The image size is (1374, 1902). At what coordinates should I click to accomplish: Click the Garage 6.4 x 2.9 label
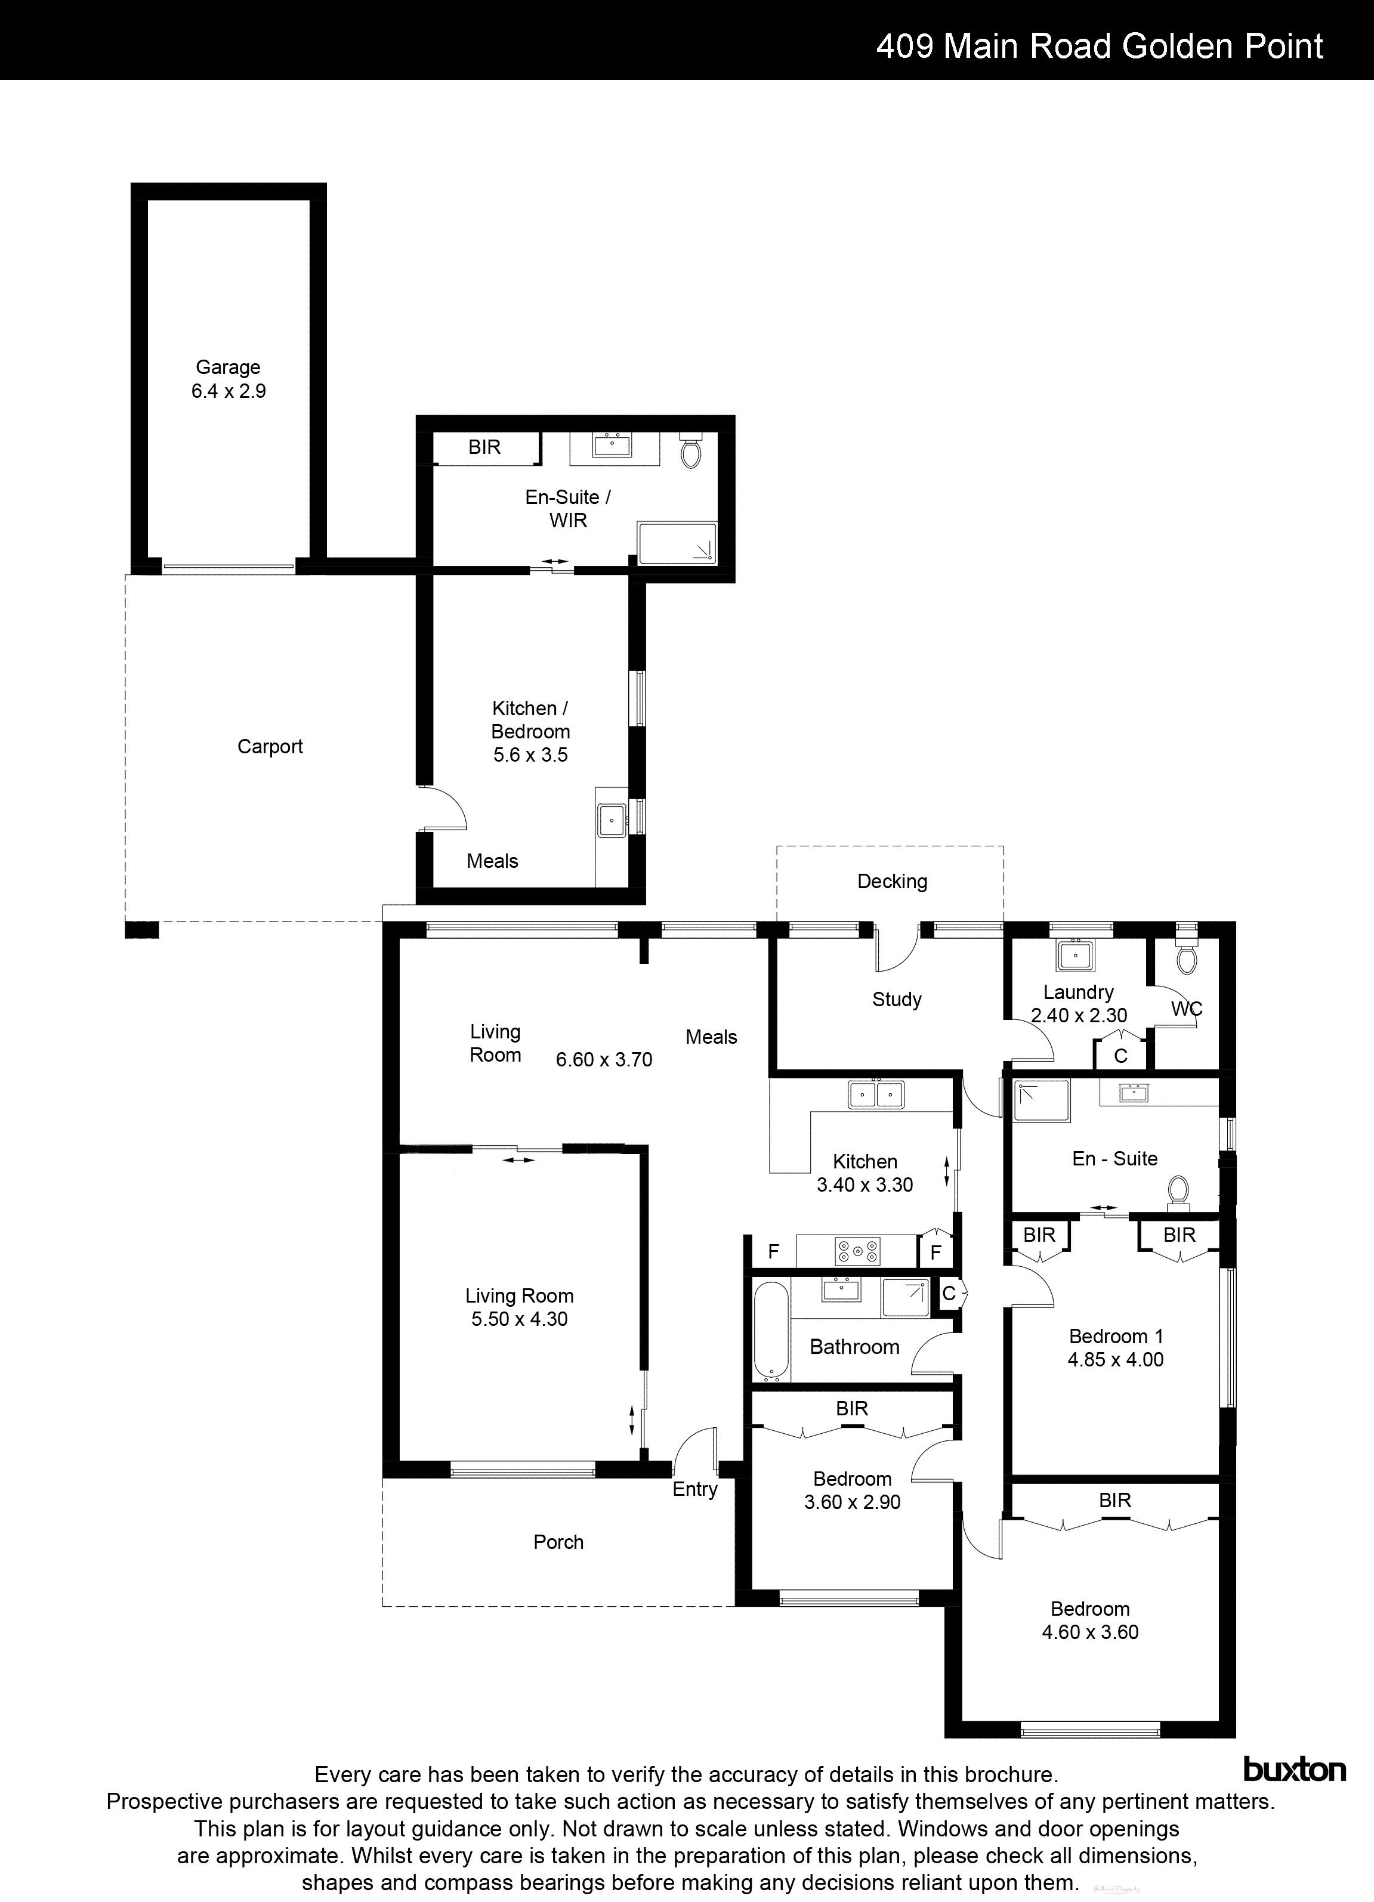[228, 379]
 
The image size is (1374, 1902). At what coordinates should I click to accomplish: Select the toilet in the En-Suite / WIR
[690, 452]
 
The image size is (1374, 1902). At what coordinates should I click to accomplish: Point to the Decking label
[892, 882]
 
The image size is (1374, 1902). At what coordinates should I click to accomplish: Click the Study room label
[896, 1000]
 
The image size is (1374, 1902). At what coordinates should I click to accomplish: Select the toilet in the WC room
[1186, 958]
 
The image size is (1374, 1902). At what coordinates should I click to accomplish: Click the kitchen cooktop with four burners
[857, 1252]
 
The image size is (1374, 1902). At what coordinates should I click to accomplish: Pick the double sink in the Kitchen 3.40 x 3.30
[876, 1094]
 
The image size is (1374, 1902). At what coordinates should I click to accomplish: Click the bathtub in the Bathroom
[771, 1331]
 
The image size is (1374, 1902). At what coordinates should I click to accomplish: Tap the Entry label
[694, 1489]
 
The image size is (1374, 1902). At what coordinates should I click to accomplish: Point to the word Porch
[558, 1542]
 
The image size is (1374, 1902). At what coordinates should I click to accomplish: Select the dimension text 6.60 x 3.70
[604, 1060]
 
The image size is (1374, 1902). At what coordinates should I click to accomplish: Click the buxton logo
[1293, 1770]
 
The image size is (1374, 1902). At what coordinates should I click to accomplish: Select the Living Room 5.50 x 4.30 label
[519, 1307]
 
